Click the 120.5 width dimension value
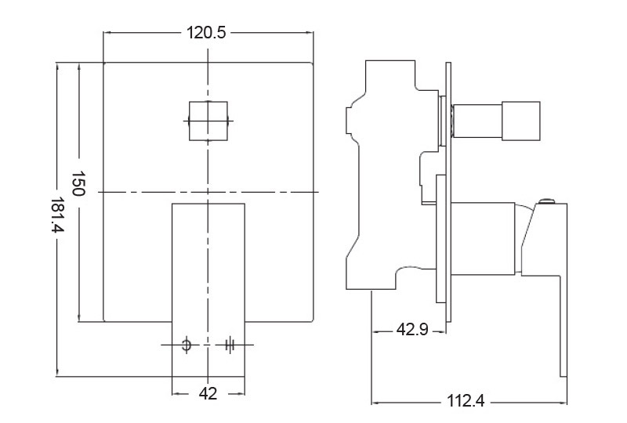207,33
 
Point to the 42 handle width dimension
208,394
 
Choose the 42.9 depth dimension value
411,330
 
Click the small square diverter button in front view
208,121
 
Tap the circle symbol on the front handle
187,345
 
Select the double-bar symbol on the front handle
230,345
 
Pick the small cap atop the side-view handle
546,204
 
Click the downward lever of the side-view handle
563,321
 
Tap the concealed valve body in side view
384,180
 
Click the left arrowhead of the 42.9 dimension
375,331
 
